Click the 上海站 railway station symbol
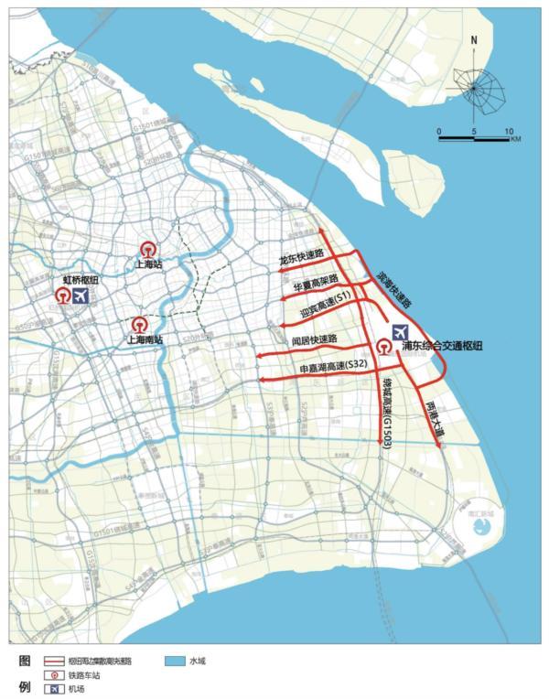pos(147,249)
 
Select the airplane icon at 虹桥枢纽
pos(81,296)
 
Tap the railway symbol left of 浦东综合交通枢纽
pos(383,346)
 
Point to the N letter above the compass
pos(474,40)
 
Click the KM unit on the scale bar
pos(516,139)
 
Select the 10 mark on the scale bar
pos(508,131)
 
